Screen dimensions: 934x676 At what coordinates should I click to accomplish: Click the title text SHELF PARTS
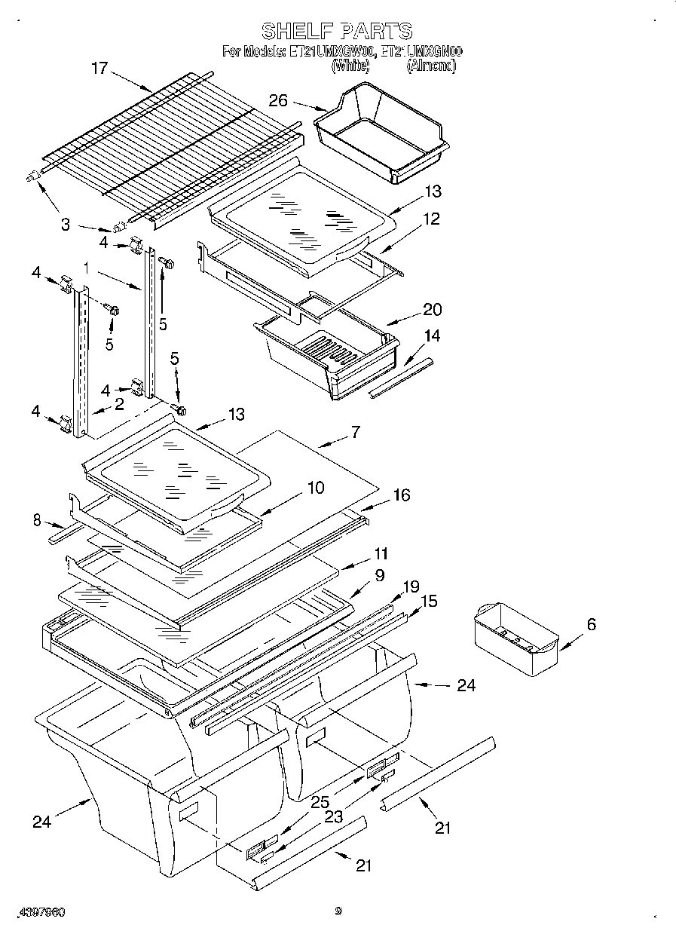point(337,31)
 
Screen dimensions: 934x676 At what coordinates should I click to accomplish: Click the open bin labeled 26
point(381,133)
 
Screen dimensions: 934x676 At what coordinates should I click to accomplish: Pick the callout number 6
point(591,624)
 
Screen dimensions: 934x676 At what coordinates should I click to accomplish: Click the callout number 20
point(433,310)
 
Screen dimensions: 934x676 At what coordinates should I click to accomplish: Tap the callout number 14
point(432,335)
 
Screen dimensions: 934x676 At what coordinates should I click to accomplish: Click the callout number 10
point(315,488)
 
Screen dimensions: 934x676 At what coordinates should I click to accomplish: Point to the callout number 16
point(402,495)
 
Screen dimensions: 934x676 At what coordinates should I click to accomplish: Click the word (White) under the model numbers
point(350,66)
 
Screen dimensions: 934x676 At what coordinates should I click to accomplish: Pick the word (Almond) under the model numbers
point(431,66)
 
